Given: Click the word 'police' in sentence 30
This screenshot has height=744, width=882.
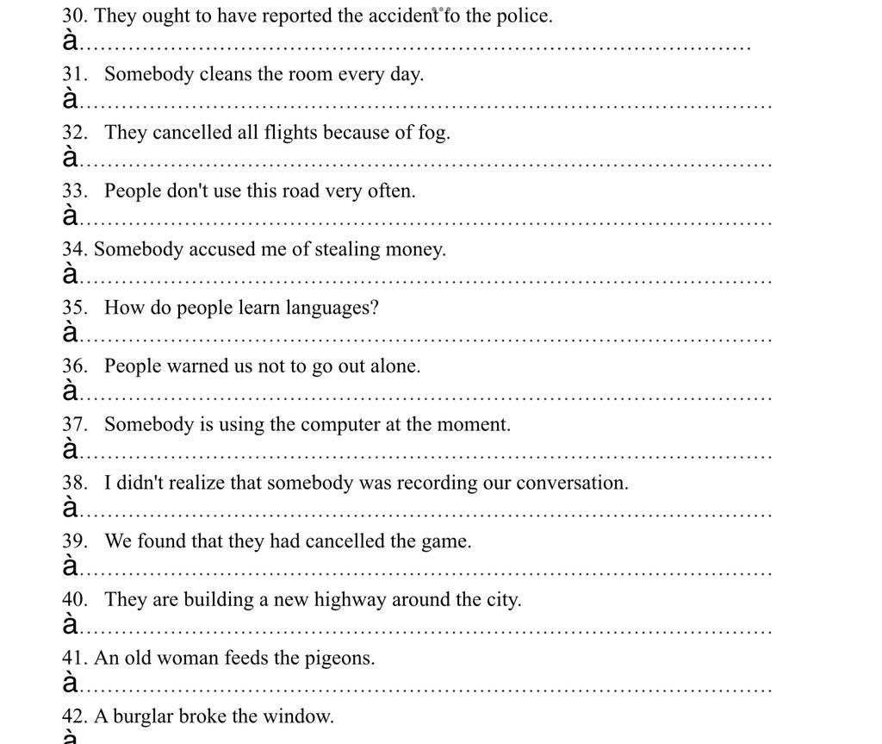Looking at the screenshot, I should coord(524,16).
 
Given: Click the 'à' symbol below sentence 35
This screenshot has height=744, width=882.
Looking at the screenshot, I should coord(71,333).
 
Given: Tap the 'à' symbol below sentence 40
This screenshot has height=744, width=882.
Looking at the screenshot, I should coord(71,624).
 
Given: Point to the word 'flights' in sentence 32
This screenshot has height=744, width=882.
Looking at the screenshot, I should coord(292,133).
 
